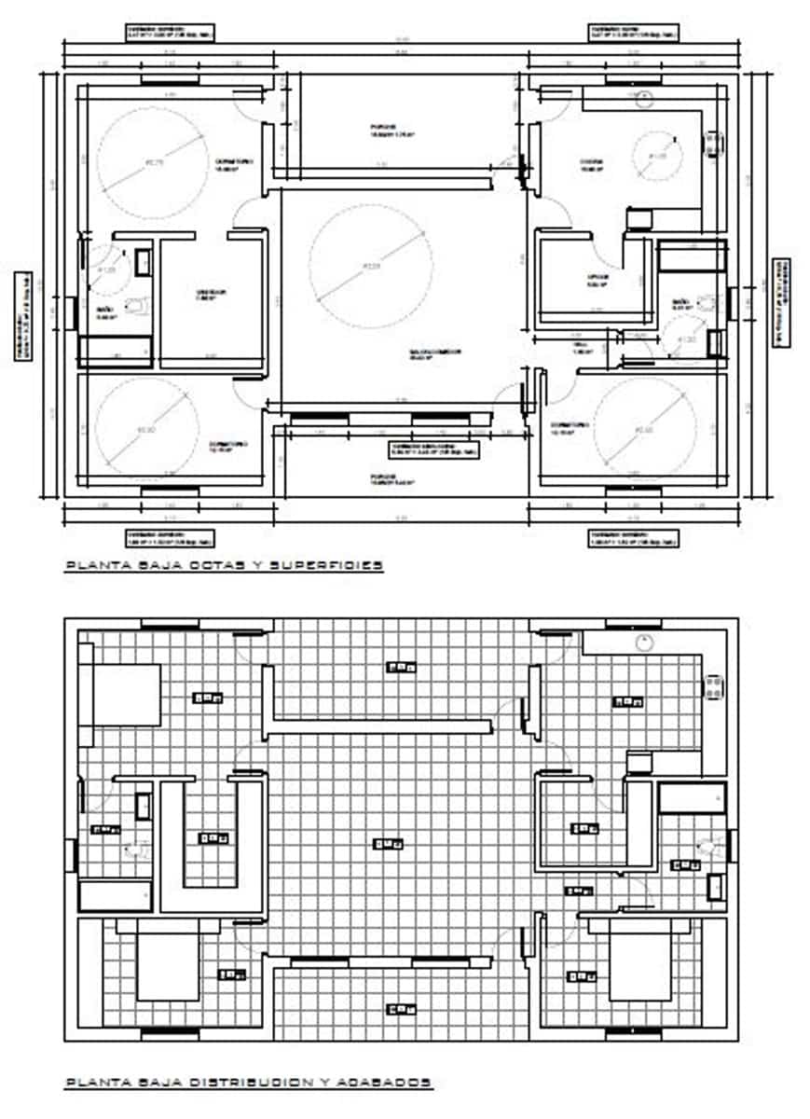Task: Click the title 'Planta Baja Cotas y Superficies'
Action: pos(224,565)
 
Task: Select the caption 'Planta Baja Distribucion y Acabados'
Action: pos(248,1083)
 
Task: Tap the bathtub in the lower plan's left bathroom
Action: pos(115,895)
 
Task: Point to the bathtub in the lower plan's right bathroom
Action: pos(691,798)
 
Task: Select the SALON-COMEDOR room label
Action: pos(434,353)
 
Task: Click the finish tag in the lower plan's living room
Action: pos(388,845)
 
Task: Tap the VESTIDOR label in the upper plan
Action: pos(211,295)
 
